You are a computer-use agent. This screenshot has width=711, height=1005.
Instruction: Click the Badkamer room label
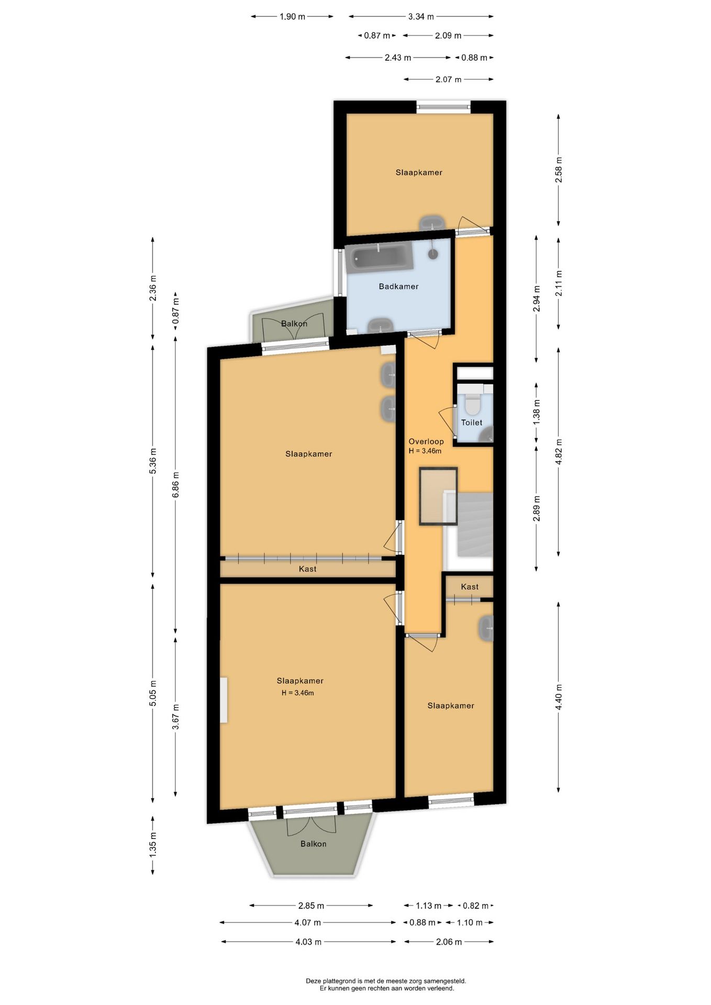[398, 286]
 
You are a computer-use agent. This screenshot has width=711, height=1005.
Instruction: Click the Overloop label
[426, 441]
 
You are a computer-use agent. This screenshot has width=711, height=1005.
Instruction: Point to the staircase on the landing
[475, 524]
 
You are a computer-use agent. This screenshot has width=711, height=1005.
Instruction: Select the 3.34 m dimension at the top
[421, 17]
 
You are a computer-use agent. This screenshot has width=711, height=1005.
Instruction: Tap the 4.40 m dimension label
[558, 697]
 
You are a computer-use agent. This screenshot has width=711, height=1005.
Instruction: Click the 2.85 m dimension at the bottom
[311, 906]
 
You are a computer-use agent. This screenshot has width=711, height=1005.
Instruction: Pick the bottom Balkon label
[313, 844]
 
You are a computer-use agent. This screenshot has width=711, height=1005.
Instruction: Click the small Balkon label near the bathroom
[294, 323]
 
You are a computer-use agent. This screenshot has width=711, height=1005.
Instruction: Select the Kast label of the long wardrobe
[307, 569]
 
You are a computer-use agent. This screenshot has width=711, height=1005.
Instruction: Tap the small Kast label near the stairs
[470, 587]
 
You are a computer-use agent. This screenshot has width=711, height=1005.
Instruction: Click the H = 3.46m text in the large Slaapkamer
[297, 693]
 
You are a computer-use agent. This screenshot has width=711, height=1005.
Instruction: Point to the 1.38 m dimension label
[536, 412]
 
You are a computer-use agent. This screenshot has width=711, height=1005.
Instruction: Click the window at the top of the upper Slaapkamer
[443, 107]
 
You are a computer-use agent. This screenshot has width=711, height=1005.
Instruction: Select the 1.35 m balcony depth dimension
[153, 844]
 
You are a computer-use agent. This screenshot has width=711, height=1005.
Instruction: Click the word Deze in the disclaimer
[313, 981]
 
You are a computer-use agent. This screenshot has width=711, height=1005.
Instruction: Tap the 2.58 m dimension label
[559, 170]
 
